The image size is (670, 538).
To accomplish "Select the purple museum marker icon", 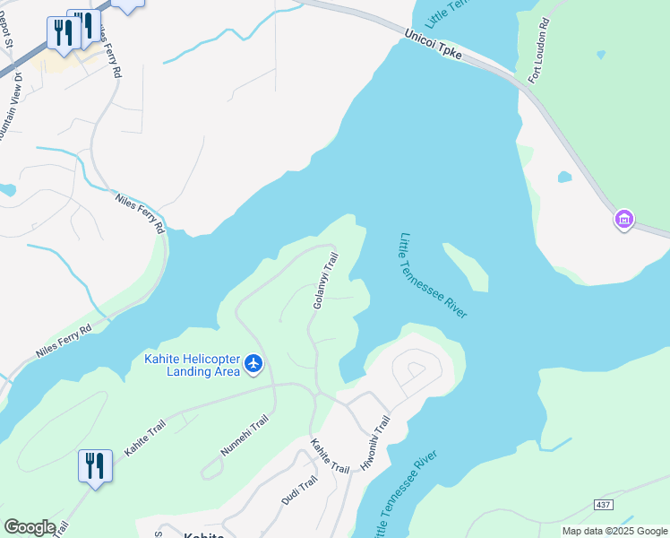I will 624,219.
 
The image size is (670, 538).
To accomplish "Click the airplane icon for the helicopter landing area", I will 253,363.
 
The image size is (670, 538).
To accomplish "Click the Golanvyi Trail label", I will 324,281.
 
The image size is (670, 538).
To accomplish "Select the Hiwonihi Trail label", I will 374,443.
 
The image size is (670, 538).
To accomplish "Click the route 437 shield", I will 603,505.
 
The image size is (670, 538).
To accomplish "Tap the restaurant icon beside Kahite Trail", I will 95,466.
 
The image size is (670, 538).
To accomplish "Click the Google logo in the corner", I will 30,527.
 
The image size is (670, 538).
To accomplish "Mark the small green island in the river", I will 468,266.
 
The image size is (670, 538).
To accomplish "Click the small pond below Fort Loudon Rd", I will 564,177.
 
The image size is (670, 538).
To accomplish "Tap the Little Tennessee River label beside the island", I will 432,275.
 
